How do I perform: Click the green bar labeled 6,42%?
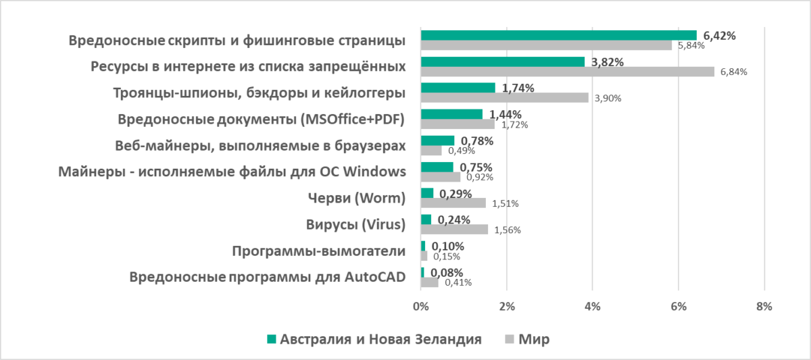[x=558, y=35]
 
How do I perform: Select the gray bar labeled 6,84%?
[x=567, y=72]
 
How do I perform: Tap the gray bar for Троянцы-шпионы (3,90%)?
[x=504, y=98]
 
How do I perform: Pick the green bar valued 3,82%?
[x=502, y=61]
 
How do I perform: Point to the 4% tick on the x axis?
[x=592, y=306]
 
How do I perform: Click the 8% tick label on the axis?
[x=764, y=306]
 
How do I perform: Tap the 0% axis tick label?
[x=420, y=306]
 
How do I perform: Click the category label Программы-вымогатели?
[x=318, y=251]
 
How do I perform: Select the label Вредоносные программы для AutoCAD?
[x=267, y=277]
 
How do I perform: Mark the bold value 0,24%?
[x=453, y=220]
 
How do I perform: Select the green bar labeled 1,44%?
[x=451, y=114]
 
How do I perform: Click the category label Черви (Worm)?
[x=356, y=198]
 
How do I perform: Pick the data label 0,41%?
[x=457, y=282]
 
